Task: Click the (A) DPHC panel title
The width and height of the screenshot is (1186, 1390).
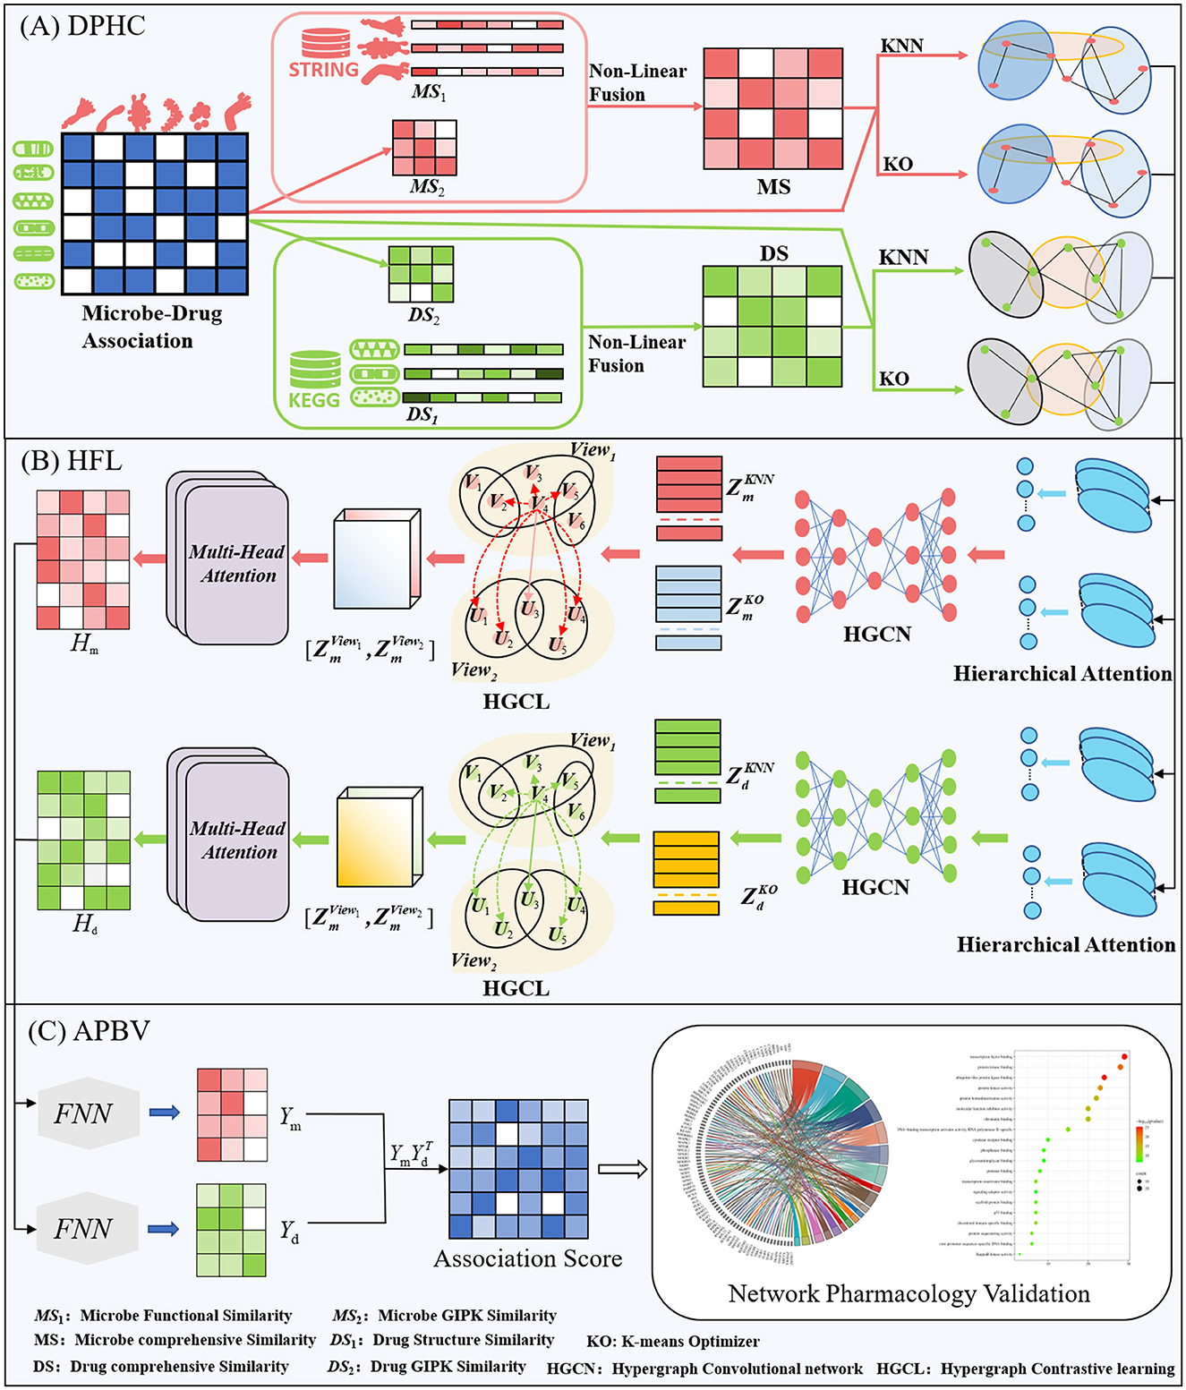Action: tap(82, 26)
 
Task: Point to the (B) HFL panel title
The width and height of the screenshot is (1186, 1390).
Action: tap(71, 461)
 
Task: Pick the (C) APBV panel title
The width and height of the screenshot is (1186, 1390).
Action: tap(88, 1031)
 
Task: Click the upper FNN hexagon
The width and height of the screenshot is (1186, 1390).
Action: tap(84, 1113)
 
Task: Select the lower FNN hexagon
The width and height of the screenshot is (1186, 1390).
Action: tap(84, 1228)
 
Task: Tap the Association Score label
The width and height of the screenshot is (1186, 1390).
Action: tap(527, 1258)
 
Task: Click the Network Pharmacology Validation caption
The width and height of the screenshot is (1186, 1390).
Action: tap(909, 1293)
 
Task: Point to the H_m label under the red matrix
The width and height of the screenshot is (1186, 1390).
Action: tap(84, 643)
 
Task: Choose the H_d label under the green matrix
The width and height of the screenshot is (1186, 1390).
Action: tap(84, 923)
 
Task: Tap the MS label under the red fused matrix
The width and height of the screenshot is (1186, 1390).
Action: tap(773, 187)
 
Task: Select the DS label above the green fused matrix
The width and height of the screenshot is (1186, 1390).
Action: tap(773, 253)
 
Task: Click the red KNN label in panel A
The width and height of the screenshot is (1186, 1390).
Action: tap(901, 46)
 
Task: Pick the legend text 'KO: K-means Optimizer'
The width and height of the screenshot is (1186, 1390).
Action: tap(672, 1342)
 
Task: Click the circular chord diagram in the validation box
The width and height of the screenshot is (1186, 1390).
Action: tap(788, 1155)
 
